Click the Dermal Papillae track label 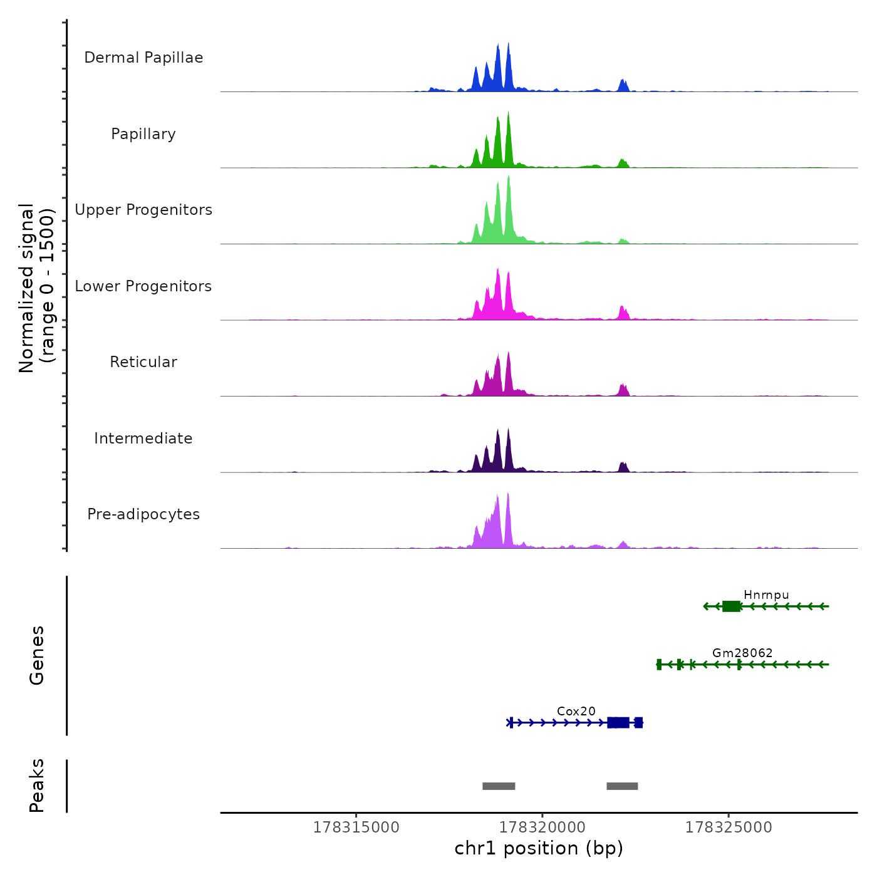143,58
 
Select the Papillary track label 143,134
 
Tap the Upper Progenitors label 143,210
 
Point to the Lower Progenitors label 143,286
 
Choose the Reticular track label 143,362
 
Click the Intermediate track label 143,438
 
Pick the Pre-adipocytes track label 143,514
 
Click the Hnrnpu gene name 766,595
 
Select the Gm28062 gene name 742,653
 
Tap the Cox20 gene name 576,711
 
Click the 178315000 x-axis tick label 356,827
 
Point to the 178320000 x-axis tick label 542,827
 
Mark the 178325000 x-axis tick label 729,827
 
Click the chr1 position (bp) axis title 539,848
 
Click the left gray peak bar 499,786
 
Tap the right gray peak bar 622,786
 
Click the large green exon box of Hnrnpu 731,606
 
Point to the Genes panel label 37,655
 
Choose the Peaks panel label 37,786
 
